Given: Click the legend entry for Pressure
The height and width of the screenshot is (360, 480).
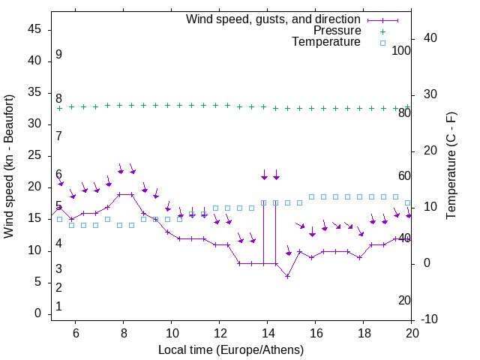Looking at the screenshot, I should pos(337,31).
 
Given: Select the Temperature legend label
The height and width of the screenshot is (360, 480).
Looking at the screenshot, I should pos(326,42).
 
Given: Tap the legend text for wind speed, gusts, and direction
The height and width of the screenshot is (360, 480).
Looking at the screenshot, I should pos(274,19).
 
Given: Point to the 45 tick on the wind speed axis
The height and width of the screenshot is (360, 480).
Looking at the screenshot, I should pos(36,29).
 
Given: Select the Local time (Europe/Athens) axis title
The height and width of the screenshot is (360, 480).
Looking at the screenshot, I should pos(231,349).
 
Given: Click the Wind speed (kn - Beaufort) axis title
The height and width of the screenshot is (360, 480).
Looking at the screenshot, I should pos(9,166).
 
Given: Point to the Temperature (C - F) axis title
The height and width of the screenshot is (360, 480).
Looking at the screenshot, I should pos(451,166).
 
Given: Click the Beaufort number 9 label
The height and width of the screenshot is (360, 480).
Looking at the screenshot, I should pos(58,55).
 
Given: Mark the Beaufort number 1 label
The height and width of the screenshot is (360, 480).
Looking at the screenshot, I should pos(58,306).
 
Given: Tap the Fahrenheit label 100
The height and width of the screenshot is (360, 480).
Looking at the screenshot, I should pos(402,51).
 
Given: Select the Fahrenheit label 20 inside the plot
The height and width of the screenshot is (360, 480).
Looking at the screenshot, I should pos(405,300).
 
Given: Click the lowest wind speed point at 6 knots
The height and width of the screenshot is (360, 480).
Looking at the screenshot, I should pos(287,276).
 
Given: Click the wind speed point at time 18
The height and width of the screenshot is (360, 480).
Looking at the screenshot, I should pos(360,257).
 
